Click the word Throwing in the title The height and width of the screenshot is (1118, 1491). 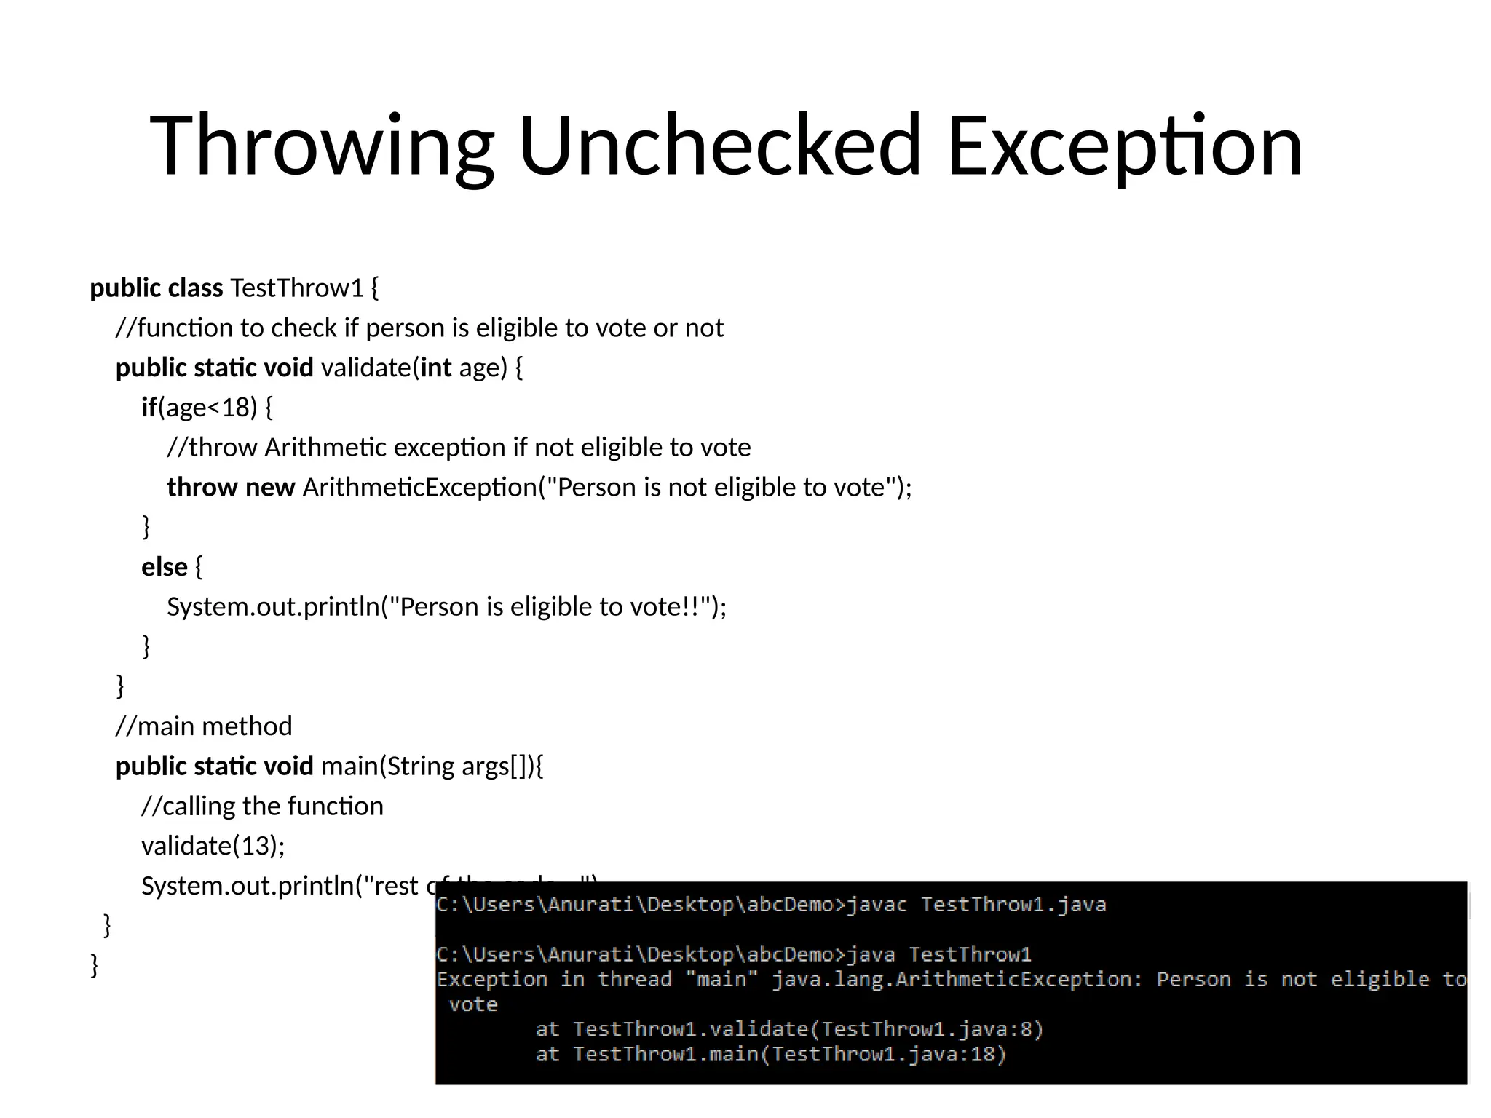coord(321,146)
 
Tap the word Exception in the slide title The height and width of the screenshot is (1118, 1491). coord(1125,146)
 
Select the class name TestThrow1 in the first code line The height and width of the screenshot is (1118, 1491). coord(296,288)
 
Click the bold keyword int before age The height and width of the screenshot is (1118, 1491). coord(436,368)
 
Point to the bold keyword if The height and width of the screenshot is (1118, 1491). coord(149,408)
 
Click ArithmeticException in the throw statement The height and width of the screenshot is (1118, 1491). coord(419,487)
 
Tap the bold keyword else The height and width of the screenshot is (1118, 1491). coord(165,567)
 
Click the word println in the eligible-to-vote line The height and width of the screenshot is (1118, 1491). coord(341,606)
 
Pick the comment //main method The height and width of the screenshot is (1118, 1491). coord(204,726)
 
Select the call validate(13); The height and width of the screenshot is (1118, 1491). coord(213,846)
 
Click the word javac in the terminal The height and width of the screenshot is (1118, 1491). coord(877,905)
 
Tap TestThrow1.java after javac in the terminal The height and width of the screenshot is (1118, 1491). coord(1013,905)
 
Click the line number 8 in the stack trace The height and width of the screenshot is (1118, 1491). coord(1026,1029)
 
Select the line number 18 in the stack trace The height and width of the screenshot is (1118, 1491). coord(982,1054)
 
